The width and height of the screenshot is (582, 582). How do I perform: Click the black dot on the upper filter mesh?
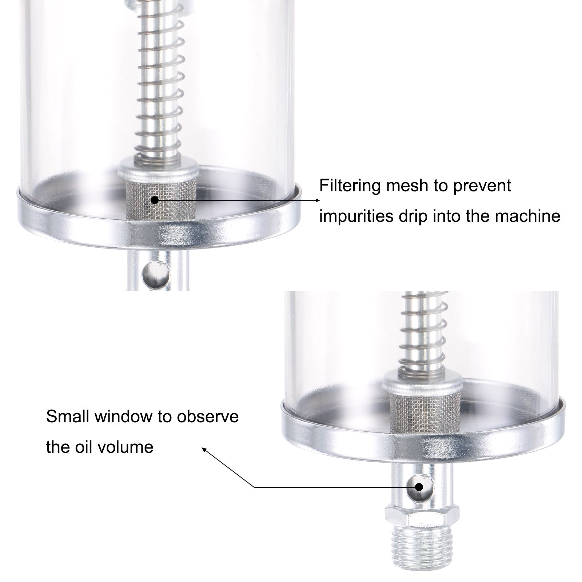155,200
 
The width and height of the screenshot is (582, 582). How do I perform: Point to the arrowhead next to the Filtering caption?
318,200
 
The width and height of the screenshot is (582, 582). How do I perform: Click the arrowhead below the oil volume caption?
204,450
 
